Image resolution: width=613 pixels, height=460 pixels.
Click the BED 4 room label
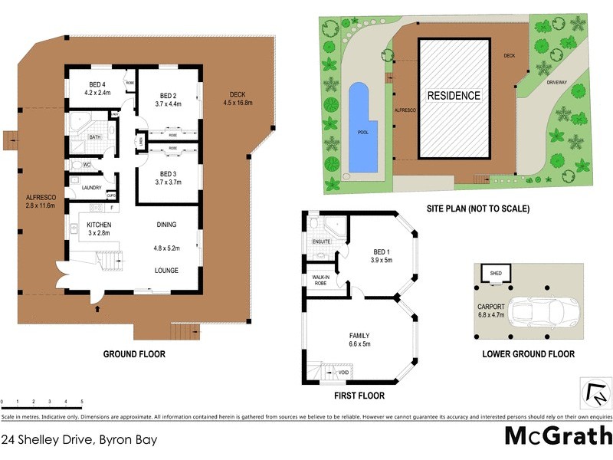click(97, 84)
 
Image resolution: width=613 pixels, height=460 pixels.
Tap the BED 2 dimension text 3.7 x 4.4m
click(167, 103)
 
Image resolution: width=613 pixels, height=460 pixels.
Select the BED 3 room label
click(167, 173)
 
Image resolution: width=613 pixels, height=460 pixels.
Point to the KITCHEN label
click(99, 224)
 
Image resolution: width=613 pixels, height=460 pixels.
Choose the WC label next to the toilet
click(87, 164)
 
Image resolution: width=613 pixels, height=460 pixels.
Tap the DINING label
click(166, 225)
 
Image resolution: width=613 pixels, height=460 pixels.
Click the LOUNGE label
click(166, 271)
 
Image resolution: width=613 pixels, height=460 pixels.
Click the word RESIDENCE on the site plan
click(454, 96)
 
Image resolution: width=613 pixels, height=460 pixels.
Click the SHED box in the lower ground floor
click(490, 272)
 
